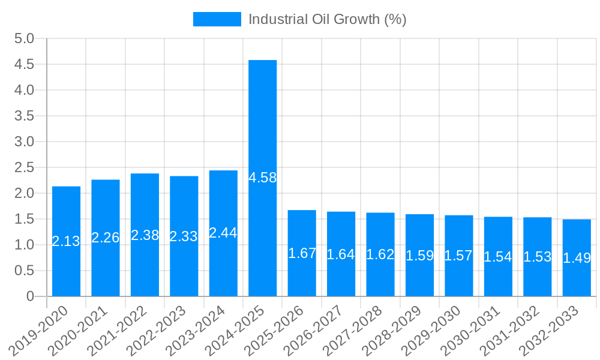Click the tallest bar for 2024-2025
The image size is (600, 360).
[x=263, y=120]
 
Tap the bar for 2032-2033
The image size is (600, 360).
[x=577, y=276]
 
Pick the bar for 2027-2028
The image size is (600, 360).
[x=380, y=276]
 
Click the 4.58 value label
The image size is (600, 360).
[x=263, y=178]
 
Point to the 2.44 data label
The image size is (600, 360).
[x=223, y=233]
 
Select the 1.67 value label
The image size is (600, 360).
[x=302, y=253]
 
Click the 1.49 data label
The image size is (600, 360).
[x=577, y=258]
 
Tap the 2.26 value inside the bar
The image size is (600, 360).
[x=106, y=238]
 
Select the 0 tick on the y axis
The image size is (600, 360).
[x=31, y=296]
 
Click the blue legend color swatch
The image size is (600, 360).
[x=217, y=19]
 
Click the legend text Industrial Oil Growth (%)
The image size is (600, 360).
[x=327, y=19]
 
